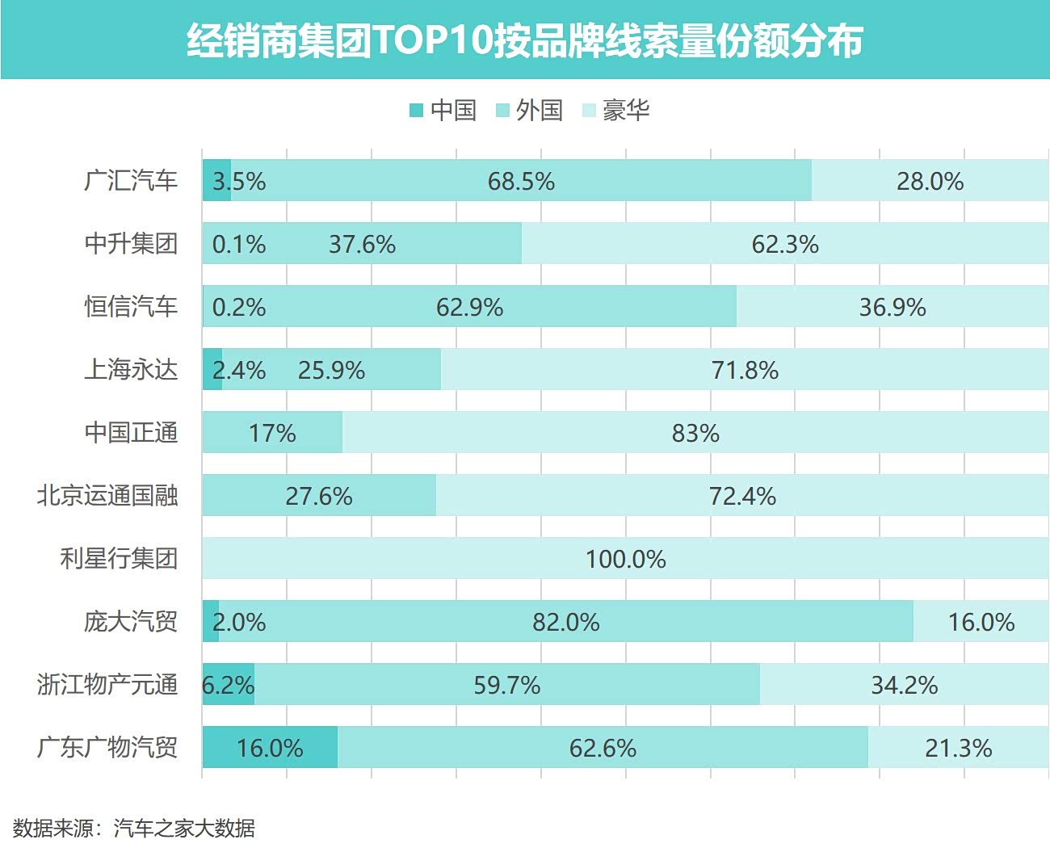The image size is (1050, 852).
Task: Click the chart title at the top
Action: click(525, 40)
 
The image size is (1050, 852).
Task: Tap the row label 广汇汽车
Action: click(131, 180)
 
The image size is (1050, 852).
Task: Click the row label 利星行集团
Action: click(119, 558)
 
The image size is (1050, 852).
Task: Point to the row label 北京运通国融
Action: click(107, 495)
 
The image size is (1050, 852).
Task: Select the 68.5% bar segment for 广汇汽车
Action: click(521, 180)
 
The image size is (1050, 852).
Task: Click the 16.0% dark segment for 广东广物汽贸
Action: click(270, 747)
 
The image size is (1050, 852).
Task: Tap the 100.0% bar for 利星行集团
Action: click(625, 558)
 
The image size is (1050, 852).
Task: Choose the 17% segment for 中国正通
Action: click(272, 432)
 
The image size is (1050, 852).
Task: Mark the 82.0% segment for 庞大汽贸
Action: click(565, 621)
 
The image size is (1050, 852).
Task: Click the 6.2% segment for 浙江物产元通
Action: click(229, 684)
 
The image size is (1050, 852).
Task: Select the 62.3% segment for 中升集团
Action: click(785, 243)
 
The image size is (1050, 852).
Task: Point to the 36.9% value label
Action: click(892, 307)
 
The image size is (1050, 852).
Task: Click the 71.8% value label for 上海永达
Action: click(745, 370)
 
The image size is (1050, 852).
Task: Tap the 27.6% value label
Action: click(319, 496)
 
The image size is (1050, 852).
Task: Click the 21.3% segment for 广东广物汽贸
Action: click(958, 747)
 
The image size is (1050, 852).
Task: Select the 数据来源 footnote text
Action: click(134, 828)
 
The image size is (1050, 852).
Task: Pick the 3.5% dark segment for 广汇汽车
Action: click(216, 180)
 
